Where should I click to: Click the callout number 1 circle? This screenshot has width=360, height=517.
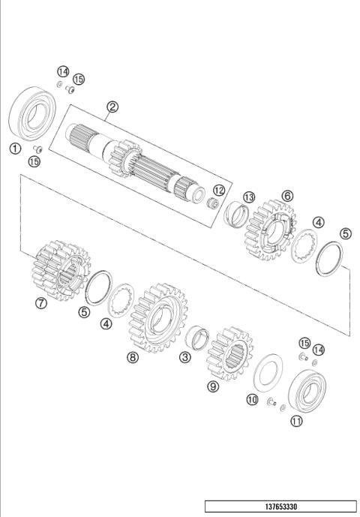coord(14,148)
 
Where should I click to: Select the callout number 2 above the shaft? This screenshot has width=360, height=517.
coord(112,106)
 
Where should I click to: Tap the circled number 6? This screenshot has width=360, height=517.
coord(287,195)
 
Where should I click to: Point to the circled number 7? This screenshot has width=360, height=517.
coord(41,303)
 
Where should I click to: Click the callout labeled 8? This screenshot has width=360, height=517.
coord(133,358)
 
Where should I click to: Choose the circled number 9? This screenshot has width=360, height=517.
coord(213,386)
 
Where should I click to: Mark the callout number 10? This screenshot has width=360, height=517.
coord(253,399)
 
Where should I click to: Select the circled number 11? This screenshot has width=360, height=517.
coord(297,421)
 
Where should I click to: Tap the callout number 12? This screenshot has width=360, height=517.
coord(219,190)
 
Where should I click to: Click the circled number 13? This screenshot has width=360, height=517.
coord(249,196)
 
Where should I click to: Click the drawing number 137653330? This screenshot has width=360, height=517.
coord(280,506)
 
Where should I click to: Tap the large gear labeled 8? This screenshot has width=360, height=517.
coord(158,319)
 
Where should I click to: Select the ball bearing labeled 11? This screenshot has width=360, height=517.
coord(307,386)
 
